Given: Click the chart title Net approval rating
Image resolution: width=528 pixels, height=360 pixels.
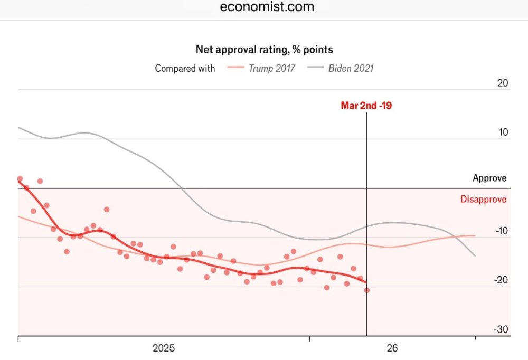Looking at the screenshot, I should point(265,50).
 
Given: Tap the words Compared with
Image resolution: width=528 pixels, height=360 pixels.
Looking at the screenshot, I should point(185,68).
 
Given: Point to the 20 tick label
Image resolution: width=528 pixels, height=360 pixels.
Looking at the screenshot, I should point(503,83).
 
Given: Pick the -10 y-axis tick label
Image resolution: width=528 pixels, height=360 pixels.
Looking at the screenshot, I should point(501,231).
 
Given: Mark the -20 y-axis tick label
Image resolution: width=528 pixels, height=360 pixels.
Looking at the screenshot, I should point(501,280).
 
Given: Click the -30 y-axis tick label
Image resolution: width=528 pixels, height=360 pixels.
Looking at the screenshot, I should point(501,330).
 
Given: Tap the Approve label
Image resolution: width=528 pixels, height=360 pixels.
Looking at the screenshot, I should point(489,178).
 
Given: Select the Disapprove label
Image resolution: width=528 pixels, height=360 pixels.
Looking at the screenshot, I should point(483,200).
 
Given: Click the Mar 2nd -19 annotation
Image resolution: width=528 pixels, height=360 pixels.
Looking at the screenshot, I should point(366,106).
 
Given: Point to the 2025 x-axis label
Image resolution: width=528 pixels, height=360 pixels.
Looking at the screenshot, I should point(164,348).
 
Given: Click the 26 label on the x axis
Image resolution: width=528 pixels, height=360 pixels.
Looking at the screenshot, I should point(392,348).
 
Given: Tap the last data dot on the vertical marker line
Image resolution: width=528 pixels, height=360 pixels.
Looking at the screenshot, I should point(367,290).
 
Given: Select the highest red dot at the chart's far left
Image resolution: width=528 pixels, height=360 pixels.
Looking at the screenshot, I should point(20,179).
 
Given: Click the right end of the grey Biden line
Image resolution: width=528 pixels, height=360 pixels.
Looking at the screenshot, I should point(475,255).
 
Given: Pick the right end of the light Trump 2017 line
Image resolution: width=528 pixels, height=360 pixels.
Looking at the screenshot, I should point(475,235).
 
